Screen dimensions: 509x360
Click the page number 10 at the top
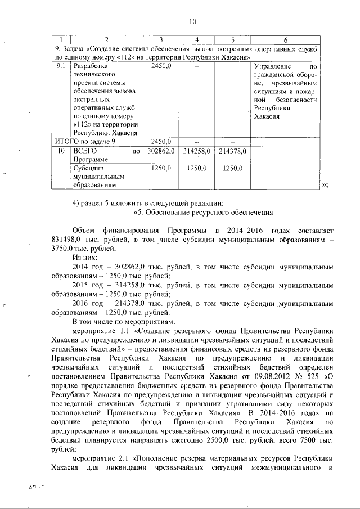tap(192, 22)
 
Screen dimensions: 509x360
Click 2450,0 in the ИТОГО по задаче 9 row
tap(161, 141)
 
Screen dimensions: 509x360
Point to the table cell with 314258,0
tap(197, 151)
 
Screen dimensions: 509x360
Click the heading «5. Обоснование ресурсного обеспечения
tap(203, 213)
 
